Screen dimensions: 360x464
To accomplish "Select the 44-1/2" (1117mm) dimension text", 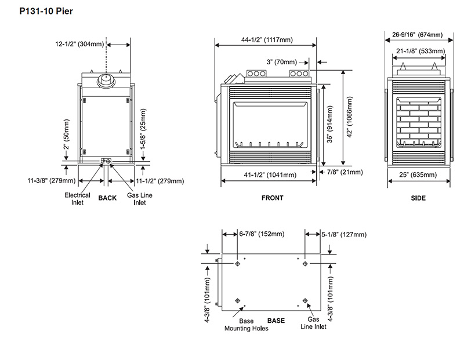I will pyautogui.click(x=267, y=40).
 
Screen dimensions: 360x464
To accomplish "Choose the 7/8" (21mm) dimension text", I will pyautogui.click(x=345, y=172).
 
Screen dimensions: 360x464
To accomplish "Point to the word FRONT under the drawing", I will pyautogui.click(x=272, y=198).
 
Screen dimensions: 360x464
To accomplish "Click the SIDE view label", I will pyautogui.click(x=418, y=198).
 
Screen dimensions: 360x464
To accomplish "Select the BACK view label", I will pyautogui.click(x=107, y=198).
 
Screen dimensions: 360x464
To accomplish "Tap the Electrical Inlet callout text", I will pyautogui.click(x=77, y=199).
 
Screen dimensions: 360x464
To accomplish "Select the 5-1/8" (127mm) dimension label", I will pyautogui.click(x=343, y=234).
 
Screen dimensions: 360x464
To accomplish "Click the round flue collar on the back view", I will pyautogui.click(x=106, y=81).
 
